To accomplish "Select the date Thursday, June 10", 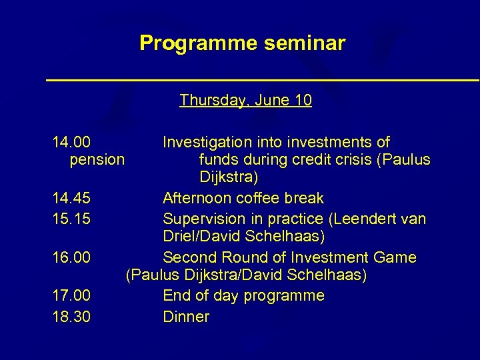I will click(245, 101).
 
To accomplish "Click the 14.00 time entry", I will click(72, 143).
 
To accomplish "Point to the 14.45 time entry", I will click(72, 199).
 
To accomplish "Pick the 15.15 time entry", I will click(72, 219).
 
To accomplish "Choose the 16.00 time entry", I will click(72, 257).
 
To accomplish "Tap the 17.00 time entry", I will click(72, 295).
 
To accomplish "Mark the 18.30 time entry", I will click(72, 317).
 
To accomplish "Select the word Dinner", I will click(186, 317).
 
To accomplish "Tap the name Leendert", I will click(363, 219).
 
